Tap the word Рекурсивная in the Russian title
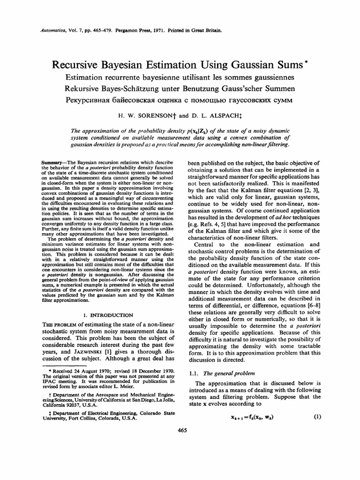[x=93, y=100]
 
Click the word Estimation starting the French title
[x=88, y=77]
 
